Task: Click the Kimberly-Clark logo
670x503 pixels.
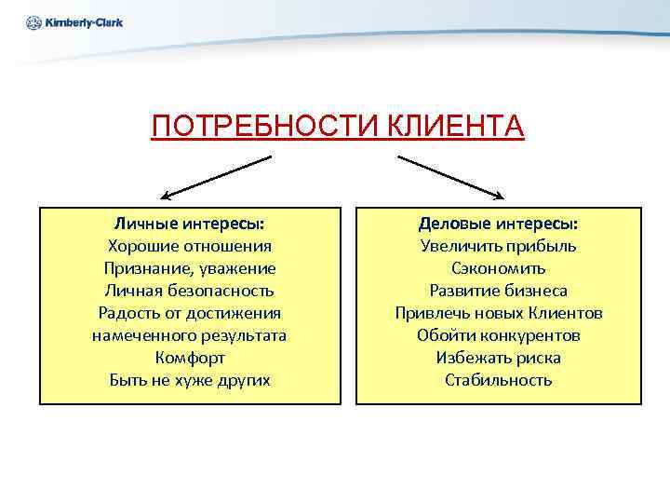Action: pyautogui.click(x=74, y=21)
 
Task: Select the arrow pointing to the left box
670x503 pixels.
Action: pyautogui.click(x=215, y=177)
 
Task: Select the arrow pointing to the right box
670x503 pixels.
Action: pyautogui.click(x=450, y=177)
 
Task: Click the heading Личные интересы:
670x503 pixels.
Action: pyautogui.click(x=189, y=224)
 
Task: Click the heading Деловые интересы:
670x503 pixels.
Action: pyautogui.click(x=498, y=224)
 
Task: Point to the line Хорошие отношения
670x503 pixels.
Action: pyautogui.click(x=189, y=247)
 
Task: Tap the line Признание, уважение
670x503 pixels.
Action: pyautogui.click(x=189, y=269)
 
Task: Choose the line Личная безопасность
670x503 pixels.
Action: pyautogui.click(x=189, y=291)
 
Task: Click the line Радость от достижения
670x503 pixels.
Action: pyautogui.click(x=189, y=313)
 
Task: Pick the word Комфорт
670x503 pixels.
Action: pyautogui.click(x=189, y=358)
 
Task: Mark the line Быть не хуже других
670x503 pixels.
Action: pyautogui.click(x=189, y=380)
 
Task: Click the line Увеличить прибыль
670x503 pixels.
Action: pyautogui.click(x=498, y=247)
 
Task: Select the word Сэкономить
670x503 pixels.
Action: pyautogui.click(x=498, y=269)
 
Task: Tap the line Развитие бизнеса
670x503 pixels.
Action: pyautogui.click(x=498, y=291)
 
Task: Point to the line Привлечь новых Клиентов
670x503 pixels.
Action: pyautogui.click(x=498, y=313)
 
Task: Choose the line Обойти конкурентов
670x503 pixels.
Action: pyautogui.click(x=498, y=335)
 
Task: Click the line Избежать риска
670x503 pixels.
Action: pyautogui.click(x=498, y=358)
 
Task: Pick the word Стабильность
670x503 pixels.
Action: pyautogui.click(x=498, y=380)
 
